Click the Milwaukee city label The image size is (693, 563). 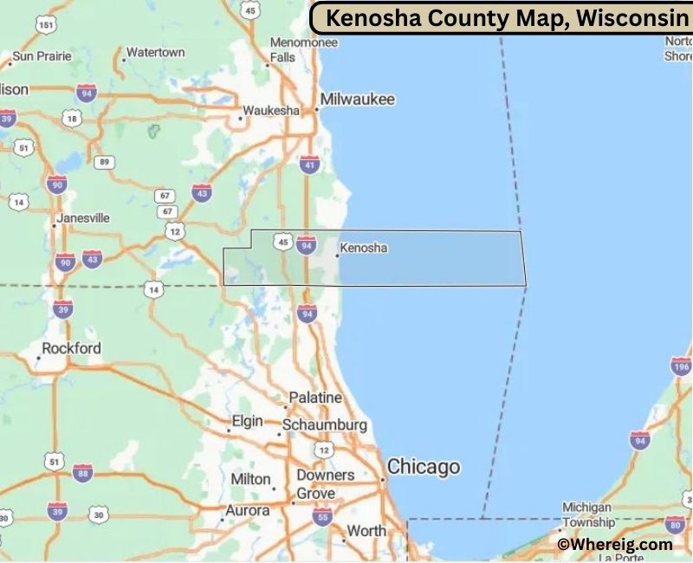357,100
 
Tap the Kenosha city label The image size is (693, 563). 364,249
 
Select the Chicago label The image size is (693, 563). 424,467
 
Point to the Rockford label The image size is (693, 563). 71,349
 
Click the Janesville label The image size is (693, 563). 83,218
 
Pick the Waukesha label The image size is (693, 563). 271,111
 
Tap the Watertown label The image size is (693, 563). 155,53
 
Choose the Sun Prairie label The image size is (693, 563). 41,56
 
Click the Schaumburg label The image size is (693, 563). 325,426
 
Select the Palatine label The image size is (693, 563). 315,398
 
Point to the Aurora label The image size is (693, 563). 248,511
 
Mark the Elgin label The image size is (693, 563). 247,422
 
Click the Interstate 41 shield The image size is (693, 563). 309,163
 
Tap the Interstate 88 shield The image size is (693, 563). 82,473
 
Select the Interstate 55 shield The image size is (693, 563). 322,518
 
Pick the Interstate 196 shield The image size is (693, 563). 681,366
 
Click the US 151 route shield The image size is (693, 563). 47,26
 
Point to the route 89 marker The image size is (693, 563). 105,162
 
